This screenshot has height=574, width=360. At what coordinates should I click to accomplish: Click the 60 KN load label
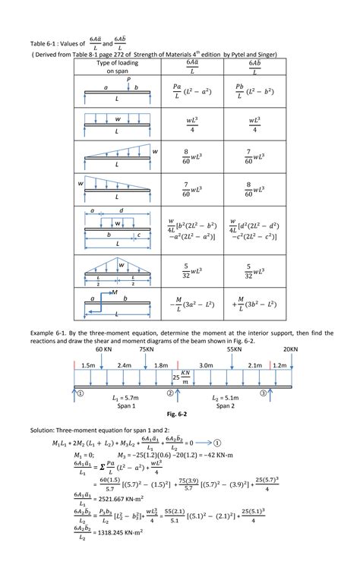104,349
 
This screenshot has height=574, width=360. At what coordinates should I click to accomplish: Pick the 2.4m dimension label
125,364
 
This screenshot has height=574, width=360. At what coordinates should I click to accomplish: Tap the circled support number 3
263,393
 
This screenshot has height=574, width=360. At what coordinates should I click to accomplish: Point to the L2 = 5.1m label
226,398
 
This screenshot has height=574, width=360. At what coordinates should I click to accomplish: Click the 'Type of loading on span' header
118,67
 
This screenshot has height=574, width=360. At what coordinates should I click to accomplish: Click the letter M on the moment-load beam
115,292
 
